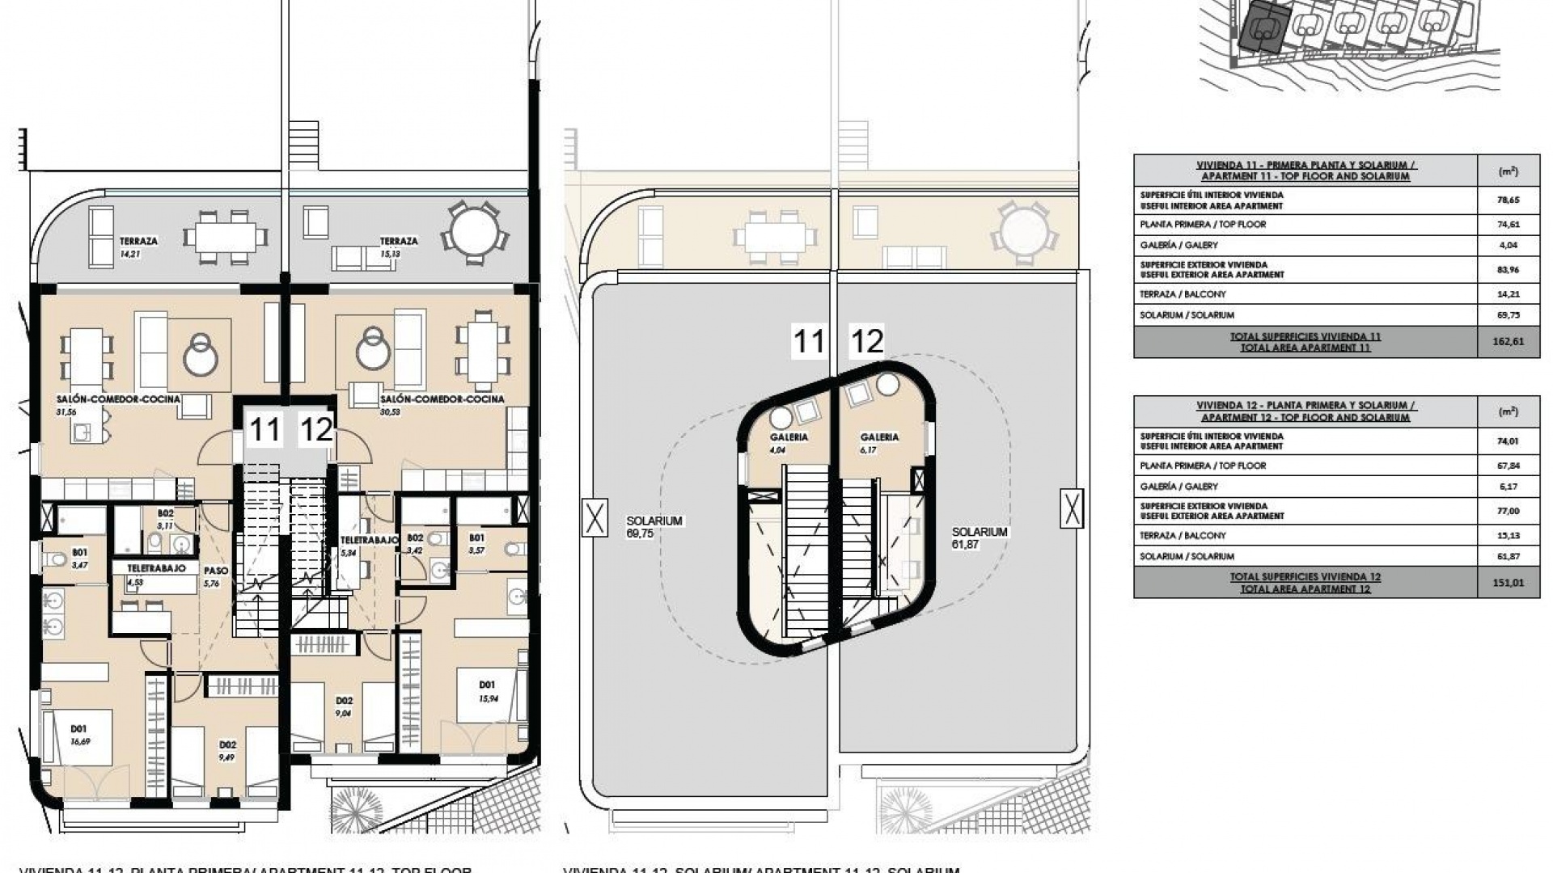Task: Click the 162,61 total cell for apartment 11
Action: pyautogui.click(x=1508, y=342)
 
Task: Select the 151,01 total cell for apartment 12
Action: pyautogui.click(x=1508, y=583)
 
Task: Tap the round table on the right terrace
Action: pyautogui.click(x=475, y=232)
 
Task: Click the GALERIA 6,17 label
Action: pyautogui.click(x=879, y=442)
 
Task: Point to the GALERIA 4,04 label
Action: pyautogui.click(x=789, y=442)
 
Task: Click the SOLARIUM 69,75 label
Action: pyautogui.click(x=654, y=527)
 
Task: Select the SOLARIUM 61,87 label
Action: pyautogui.click(x=979, y=538)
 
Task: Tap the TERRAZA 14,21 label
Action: pyautogui.click(x=138, y=247)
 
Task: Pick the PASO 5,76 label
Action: pyautogui.click(x=216, y=576)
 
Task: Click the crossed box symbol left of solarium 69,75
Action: pyautogui.click(x=595, y=517)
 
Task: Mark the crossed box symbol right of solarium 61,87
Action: pyautogui.click(x=1072, y=508)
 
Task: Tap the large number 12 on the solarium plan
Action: pyautogui.click(x=866, y=342)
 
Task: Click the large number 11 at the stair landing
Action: pyautogui.click(x=264, y=429)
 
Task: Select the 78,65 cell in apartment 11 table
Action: pyautogui.click(x=1508, y=200)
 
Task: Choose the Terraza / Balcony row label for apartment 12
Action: pyautogui.click(x=1183, y=535)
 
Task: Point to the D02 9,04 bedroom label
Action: pyautogui.click(x=343, y=706)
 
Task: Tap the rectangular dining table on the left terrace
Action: pyautogui.click(x=225, y=237)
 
